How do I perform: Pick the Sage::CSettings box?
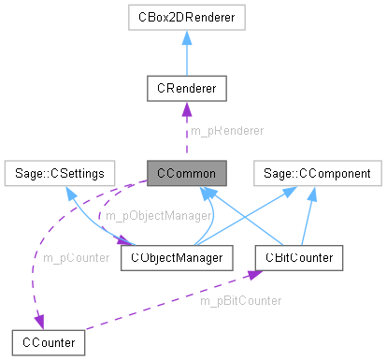pos(59,173)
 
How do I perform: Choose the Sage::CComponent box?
pos(319,173)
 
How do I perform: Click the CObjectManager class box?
pos(176,257)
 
